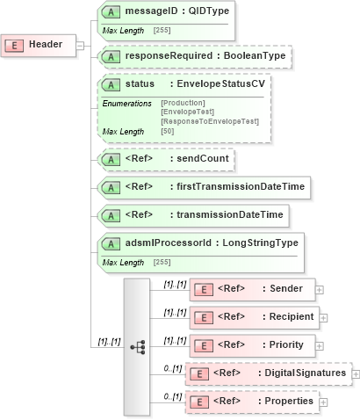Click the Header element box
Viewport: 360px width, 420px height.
(40, 45)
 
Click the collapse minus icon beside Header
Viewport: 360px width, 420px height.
(80, 45)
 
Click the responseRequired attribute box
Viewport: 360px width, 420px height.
(194, 57)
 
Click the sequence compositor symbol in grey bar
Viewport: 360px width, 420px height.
(138, 347)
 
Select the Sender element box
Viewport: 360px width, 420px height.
(251, 288)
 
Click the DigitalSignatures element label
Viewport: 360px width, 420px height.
(303, 373)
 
